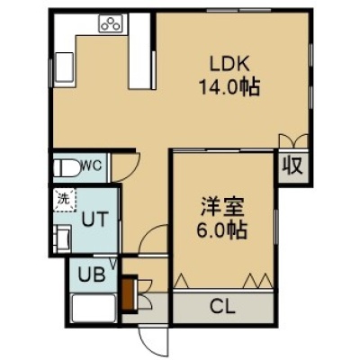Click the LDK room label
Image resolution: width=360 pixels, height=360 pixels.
229,64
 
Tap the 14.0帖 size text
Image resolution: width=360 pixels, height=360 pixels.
229,87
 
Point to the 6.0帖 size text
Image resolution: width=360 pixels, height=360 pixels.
222,230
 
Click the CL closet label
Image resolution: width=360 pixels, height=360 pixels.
222,307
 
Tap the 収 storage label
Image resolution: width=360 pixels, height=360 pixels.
292,166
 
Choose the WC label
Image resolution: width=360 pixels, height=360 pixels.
93,166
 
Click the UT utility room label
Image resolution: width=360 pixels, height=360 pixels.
94,219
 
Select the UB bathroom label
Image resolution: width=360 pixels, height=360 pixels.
92,274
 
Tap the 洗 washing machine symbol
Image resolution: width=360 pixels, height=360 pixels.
64,200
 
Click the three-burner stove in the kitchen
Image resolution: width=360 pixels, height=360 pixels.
111,23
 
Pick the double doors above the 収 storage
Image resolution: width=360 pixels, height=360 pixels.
293,141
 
